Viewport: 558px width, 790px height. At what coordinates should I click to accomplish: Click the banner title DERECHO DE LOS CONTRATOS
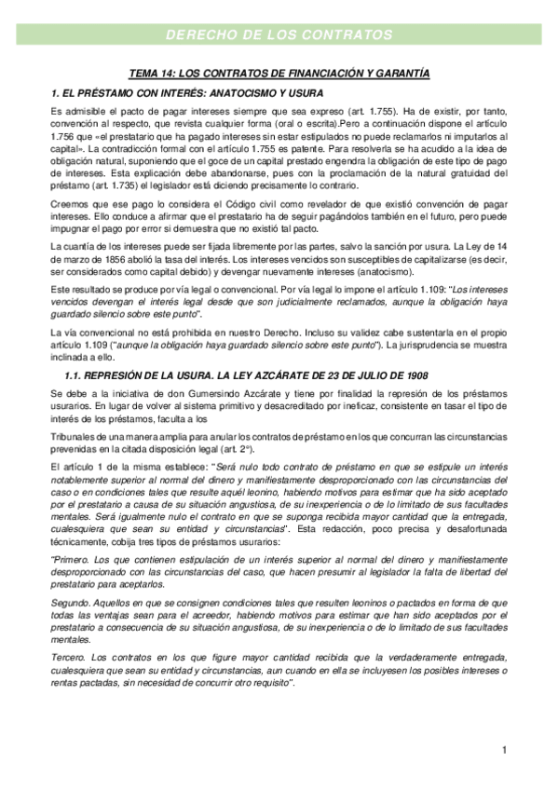279,35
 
